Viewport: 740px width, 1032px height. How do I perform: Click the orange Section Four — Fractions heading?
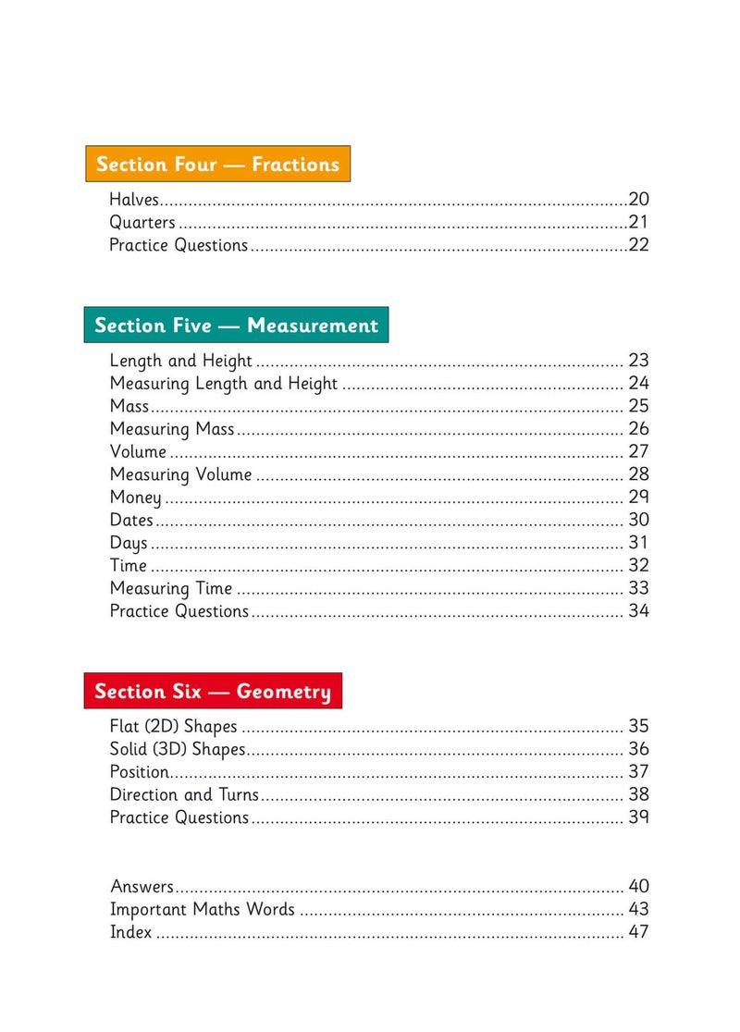(x=217, y=165)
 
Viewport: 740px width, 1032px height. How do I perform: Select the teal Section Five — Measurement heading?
(x=236, y=326)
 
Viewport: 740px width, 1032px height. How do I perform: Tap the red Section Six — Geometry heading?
(x=213, y=691)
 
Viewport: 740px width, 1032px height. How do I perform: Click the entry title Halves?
(x=134, y=199)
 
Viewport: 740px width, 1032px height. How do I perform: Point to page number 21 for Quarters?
(x=638, y=222)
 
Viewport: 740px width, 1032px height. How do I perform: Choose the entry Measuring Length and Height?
(x=224, y=384)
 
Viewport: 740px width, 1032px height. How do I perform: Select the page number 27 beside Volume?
(x=638, y=451)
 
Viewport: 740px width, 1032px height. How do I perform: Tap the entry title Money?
(x=135, y=498)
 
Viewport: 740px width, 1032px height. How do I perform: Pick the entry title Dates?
(x=131, y=520)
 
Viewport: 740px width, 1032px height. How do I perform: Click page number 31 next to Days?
(x=638, y=543)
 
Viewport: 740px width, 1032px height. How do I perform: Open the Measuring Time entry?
(x=171, y=588)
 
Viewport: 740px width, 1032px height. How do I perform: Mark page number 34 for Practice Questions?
(x=638, y=611)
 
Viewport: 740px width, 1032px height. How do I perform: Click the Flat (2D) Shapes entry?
(x=173, y=727)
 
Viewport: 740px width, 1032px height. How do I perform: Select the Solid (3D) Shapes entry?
(x=178, y=749)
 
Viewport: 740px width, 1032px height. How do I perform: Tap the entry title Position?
(x=140, y=772)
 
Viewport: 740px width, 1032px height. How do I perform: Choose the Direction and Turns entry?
(x=184, y=794)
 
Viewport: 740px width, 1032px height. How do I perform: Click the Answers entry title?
(x=142, y=886)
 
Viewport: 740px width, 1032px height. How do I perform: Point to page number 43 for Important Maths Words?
(x=638, y=909)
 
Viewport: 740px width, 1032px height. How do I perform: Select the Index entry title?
(x=130, y=932)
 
